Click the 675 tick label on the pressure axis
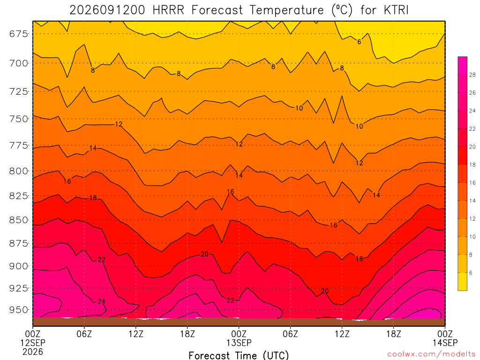18,34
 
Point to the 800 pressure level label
18,171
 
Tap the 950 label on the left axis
18,310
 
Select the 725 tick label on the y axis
18,91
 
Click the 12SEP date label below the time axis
33,343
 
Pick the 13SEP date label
239,343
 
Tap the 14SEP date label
445,343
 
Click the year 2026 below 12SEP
33,352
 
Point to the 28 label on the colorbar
472,75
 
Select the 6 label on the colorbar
471,272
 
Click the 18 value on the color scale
472,165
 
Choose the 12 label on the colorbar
472,218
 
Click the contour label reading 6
359,42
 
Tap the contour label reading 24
101,301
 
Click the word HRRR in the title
168,10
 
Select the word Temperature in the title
286,10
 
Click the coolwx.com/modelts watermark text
431,354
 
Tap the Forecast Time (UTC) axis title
239,355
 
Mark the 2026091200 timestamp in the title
107,10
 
